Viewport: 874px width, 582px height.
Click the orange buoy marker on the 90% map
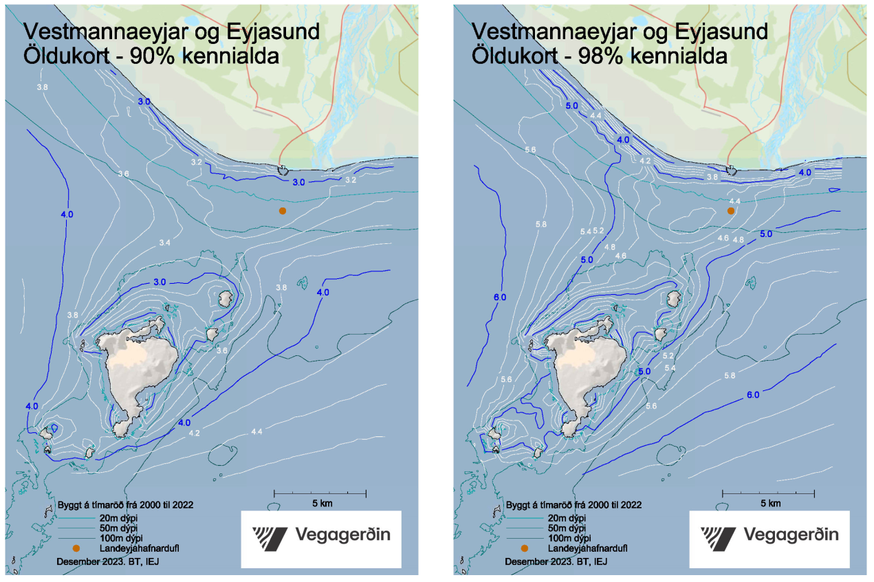[283, 211]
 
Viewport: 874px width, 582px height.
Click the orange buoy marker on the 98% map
[731, 211]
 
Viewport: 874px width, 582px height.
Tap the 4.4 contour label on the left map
[257, 432]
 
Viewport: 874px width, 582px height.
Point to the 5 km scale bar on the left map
[320, 493]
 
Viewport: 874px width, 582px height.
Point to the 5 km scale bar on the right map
[768, 493]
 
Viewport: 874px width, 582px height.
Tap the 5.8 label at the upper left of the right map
[540, 225]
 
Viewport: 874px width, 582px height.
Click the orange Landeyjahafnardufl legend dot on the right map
[525, 548]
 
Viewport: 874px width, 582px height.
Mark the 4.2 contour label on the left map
[194, 434]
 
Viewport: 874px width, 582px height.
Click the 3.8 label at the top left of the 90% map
[42, 87]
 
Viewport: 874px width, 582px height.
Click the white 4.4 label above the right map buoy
[734, 201]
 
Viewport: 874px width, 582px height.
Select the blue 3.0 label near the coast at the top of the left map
[144, 102]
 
